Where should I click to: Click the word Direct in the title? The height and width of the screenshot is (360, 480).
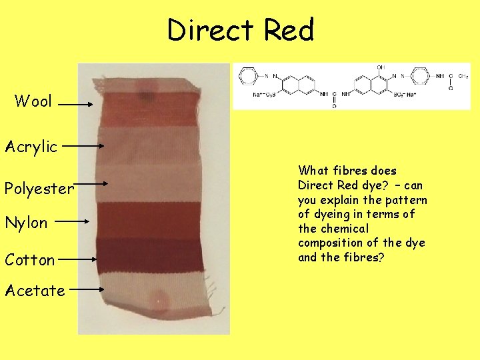point(211,30)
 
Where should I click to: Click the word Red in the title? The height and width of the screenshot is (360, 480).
point(288,30)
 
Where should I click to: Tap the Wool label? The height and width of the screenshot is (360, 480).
point(33,101)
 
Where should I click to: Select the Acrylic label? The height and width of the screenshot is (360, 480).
point(31,147)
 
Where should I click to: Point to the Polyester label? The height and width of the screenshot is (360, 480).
point(39,189)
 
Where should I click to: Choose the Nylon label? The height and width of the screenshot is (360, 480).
point(26,223)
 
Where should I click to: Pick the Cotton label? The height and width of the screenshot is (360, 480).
point(29,260)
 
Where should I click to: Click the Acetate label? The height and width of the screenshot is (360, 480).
point(35,291)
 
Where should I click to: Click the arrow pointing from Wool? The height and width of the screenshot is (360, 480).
point(79,104)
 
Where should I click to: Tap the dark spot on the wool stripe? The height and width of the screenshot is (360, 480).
point(143,95)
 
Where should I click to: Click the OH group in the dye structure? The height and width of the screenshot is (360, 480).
point(381,68)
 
